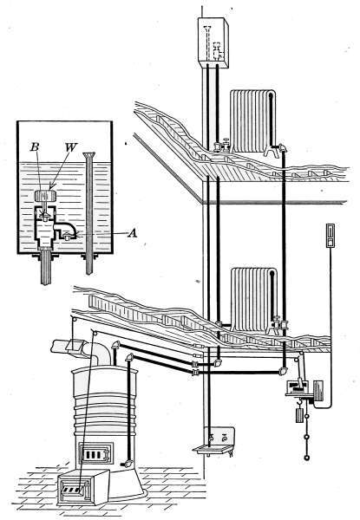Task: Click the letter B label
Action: tap(35, 147)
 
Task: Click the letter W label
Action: tap(70, 147)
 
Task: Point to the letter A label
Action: tap(133, 234)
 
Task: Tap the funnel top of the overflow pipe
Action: tap(89, 155)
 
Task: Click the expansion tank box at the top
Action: tap(213, 43)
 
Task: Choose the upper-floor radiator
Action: tap(252, 121)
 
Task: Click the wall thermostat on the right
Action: tap(331, 236)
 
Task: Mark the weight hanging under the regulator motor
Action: tap(299, 414)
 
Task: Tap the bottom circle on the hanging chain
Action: tap(307, 458)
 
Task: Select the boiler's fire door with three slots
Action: tap(95, 453)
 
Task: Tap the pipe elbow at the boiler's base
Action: tap(127, 464)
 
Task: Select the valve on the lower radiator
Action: tap(279, 324)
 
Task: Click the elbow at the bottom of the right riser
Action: tap(283, 370)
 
